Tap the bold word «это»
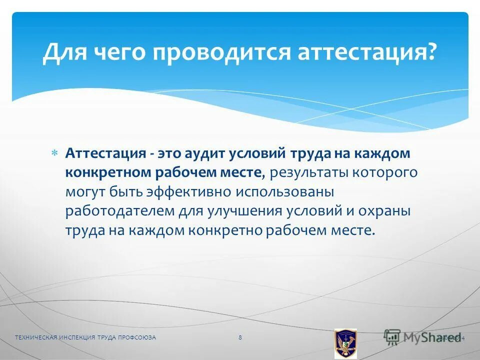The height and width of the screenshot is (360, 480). (169, 153)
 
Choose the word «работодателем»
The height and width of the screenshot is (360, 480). (119, 210)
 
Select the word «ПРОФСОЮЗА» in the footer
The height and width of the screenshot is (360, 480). (137, 337)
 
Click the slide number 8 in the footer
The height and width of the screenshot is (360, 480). (240, 337)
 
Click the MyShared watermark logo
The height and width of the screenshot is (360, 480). (423, 337)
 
